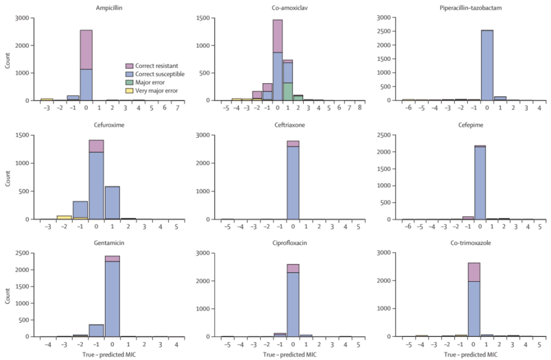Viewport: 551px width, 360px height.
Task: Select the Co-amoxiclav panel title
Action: (288, 7)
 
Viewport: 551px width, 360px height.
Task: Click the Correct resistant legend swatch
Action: (130, 66)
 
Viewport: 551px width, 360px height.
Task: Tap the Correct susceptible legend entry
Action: (155, 75)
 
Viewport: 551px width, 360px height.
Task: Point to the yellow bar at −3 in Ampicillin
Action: (47, 99)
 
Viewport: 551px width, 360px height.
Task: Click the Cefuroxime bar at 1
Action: (112, 203)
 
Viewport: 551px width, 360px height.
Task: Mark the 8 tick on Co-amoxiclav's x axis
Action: (359, 107)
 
